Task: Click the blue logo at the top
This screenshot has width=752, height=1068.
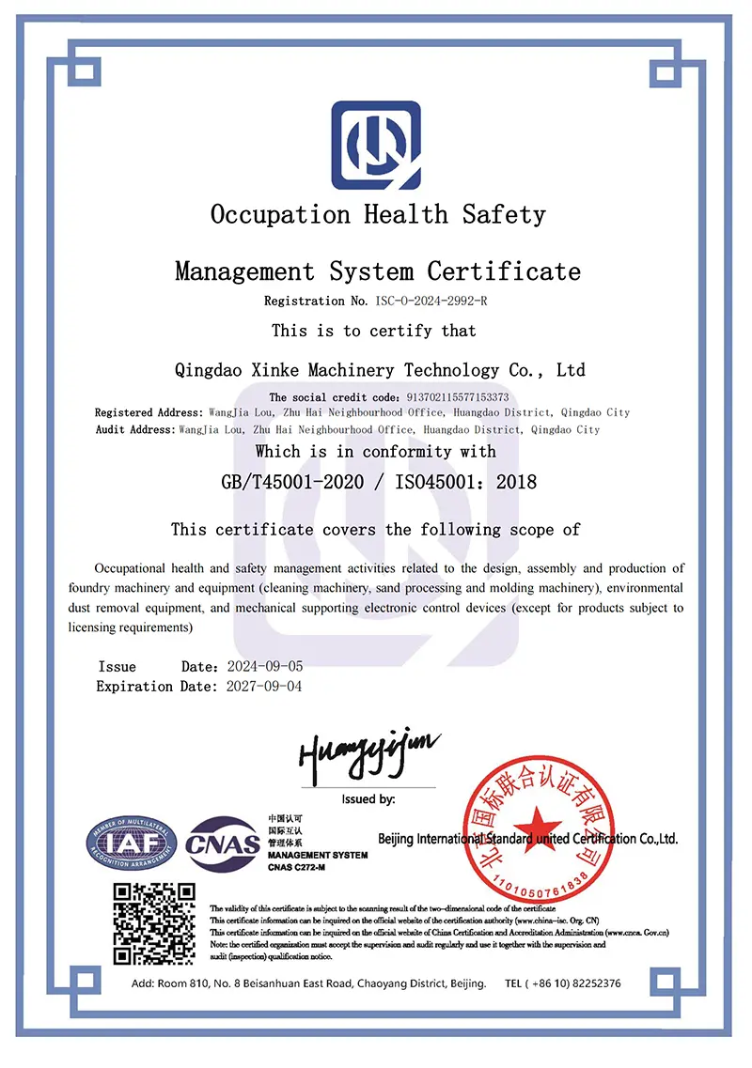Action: click(x=376, y=145)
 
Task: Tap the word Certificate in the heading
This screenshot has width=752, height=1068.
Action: click(x=504, y=272)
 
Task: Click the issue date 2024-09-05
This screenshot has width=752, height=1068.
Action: click(x=265, y=666)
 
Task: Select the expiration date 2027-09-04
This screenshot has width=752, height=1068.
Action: click(x=265, y=686)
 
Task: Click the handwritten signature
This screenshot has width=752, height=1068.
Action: click(x=368, y=752)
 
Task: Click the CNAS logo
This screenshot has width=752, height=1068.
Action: click(x=223, y=844)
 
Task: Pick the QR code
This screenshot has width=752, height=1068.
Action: click(x=154, y=923)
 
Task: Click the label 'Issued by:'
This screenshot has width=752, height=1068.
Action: click(x=368, y=799)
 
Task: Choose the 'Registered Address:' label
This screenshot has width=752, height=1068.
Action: click(x=149, y=412)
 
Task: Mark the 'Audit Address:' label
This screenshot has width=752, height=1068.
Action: click(x=135, y=429)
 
